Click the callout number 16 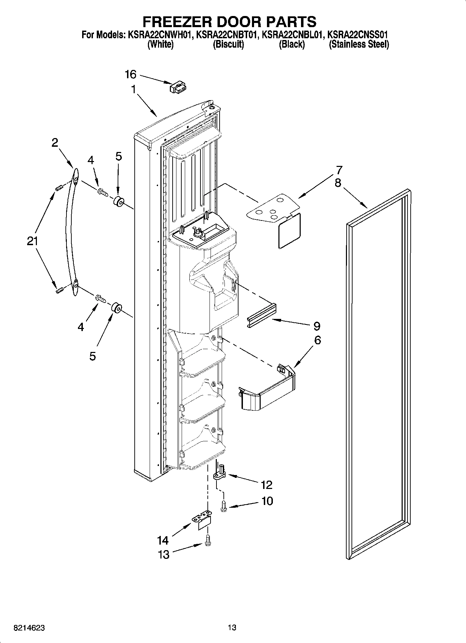tap(131, 74)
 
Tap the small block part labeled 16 tap(178, 88)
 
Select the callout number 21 tap(32, 241)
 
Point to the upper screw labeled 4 tap(103, 191)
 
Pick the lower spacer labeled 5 tap(116, 308)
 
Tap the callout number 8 tap(338, 183)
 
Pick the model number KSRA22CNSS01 tap(358, 35)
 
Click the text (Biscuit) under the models tap(228, 45)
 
